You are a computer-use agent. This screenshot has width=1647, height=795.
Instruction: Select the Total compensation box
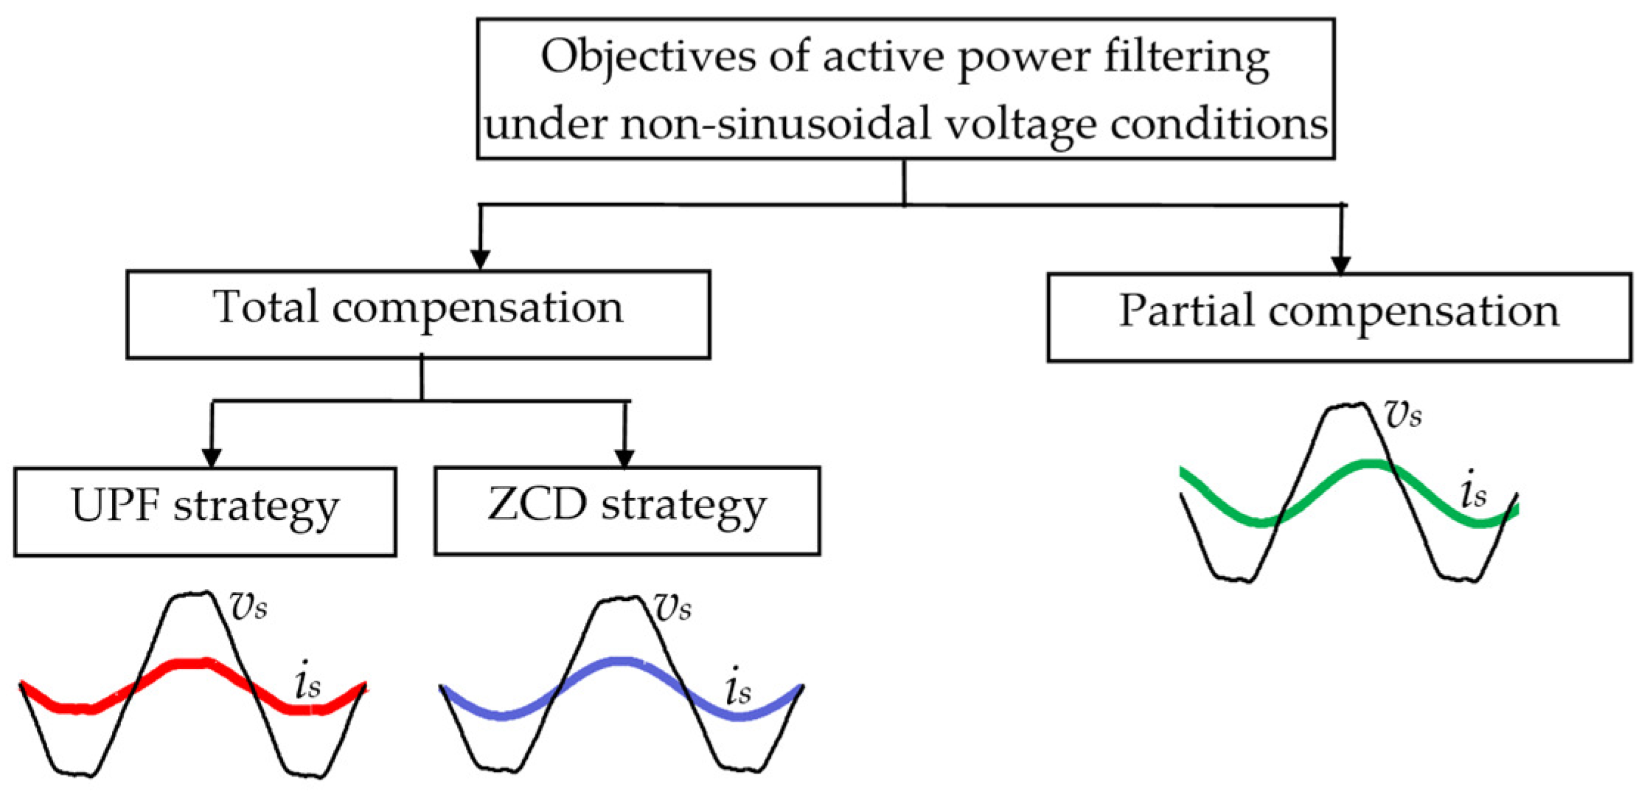pyautogui.click(x=418, y=314)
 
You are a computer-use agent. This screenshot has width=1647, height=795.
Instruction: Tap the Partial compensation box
pyautogui.click(x=1339, y=317)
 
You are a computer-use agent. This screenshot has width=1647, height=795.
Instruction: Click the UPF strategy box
pyautogui.click(x=205, y=510)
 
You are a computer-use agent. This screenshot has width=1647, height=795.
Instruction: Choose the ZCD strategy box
pyautogui.click(x=627, y=510)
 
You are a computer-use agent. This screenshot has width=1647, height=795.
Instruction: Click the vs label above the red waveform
pyautogui.click(x=249, y=606)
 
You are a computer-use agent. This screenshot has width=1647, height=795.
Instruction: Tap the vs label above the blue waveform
pyautogui.click(x=673, y=608)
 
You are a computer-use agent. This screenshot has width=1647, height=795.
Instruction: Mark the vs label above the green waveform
pyautogui.click(x=1403, y=415)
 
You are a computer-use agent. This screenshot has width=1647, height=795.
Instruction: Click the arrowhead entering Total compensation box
pyautogui.click(x=481, y=260)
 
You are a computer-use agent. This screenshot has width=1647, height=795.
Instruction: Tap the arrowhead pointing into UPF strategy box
pyautogui.click(x=212, y=457)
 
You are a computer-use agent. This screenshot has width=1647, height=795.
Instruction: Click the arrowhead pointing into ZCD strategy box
pyautogui.click(x=624, y=457)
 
